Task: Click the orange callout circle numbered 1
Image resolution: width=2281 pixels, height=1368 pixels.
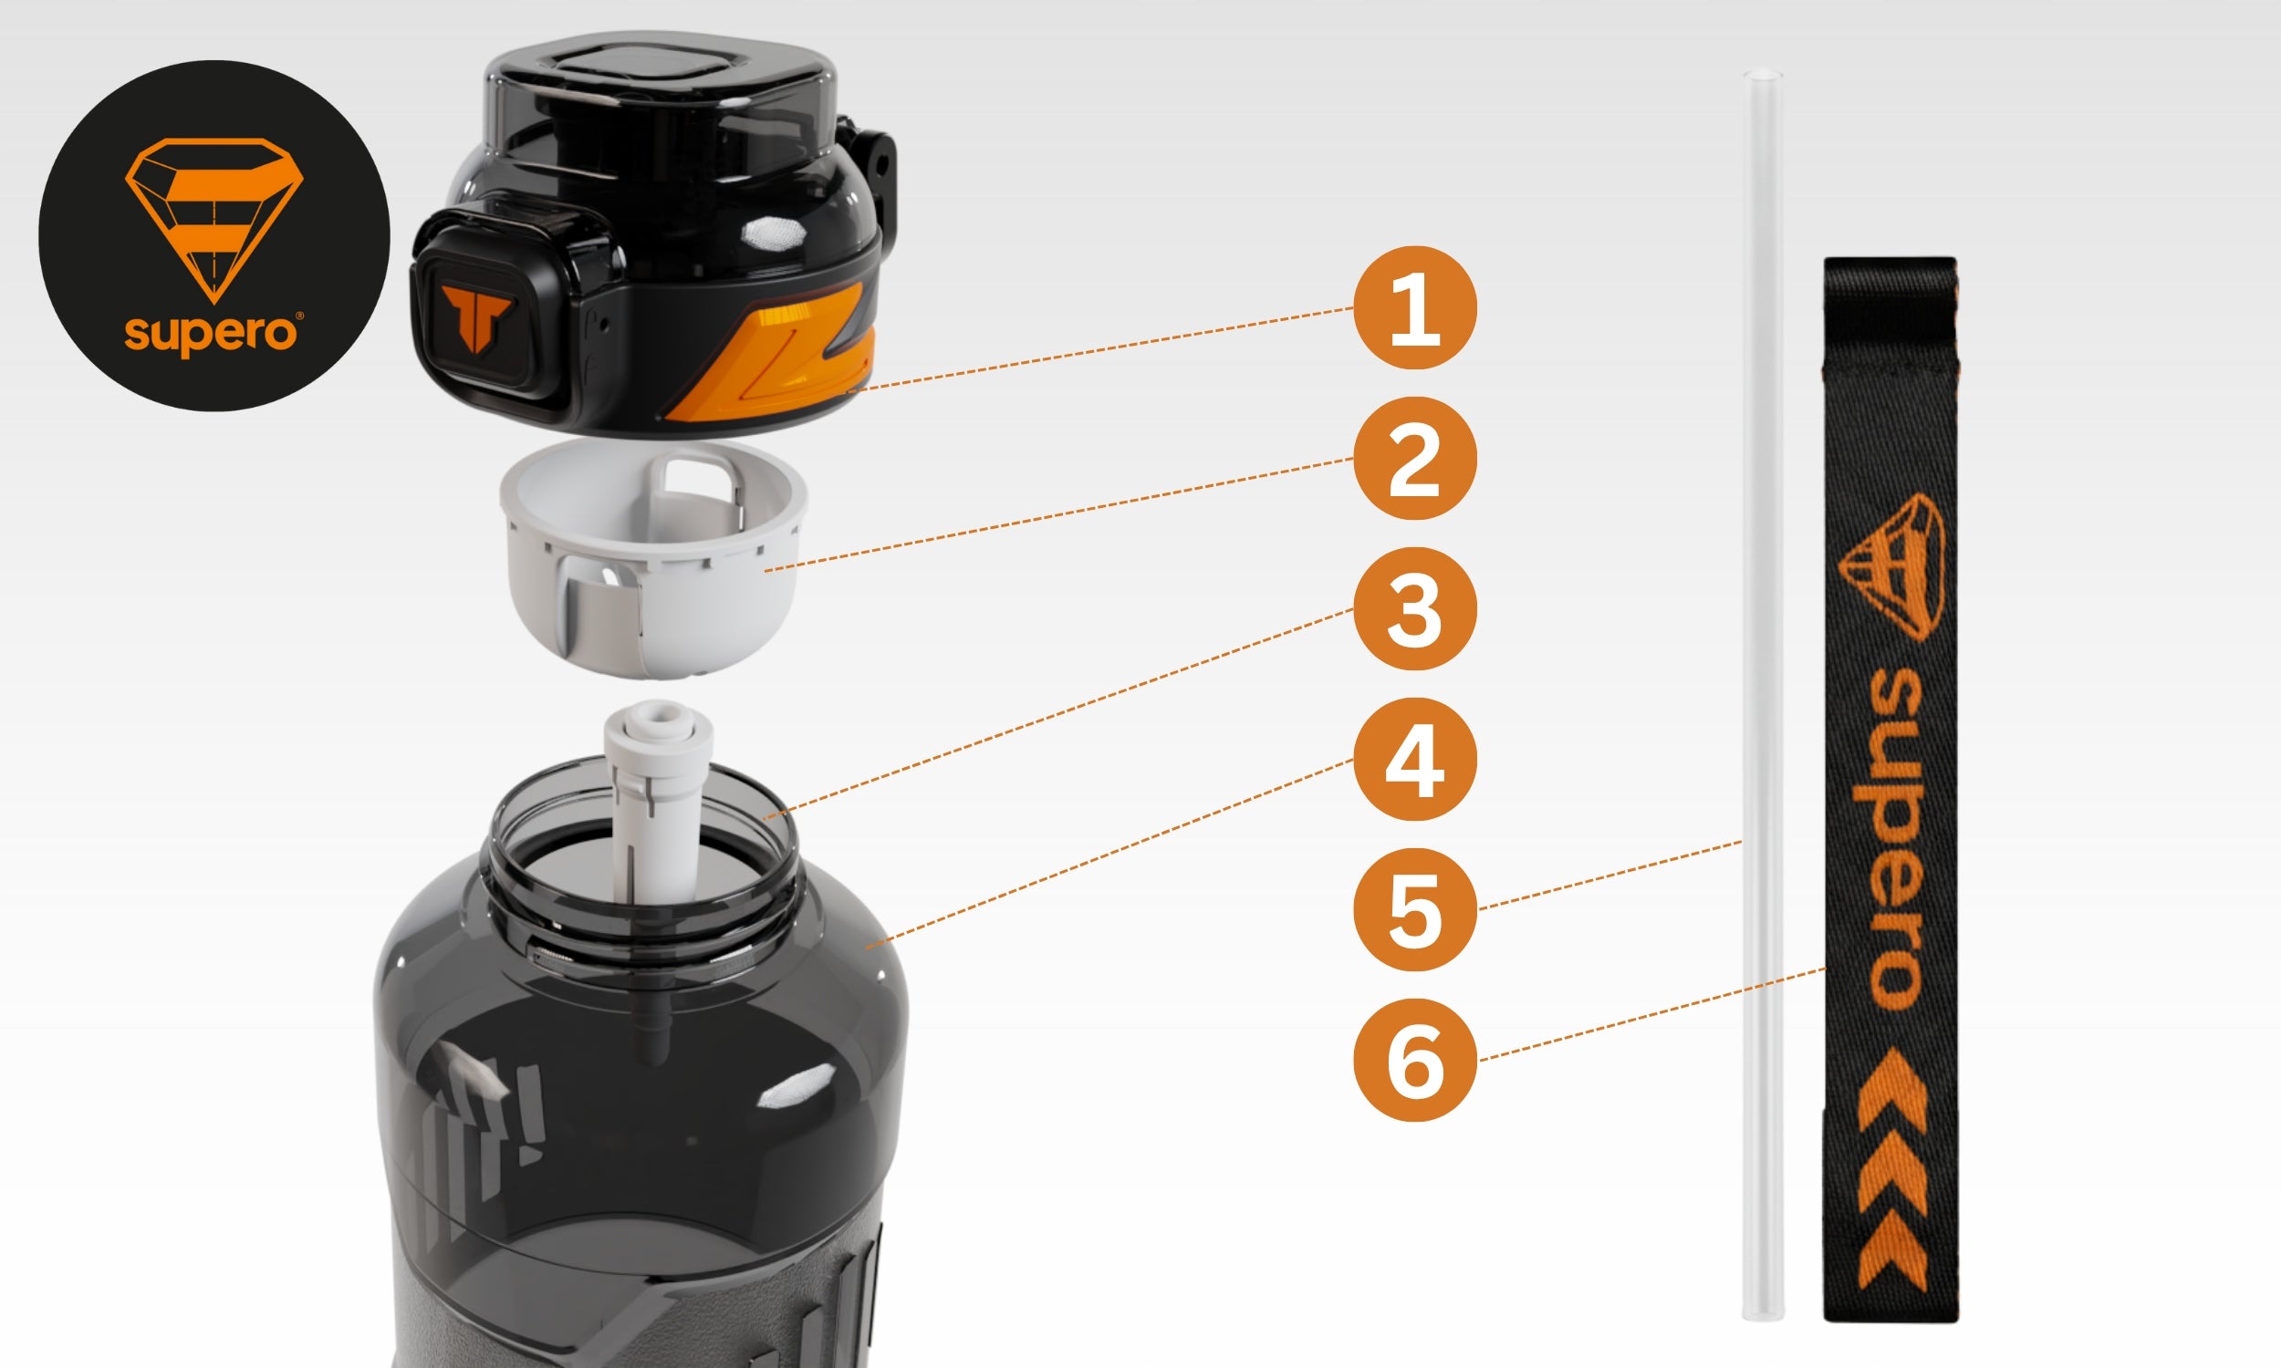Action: [1414, 308]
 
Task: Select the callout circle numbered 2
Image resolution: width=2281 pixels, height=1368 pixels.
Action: [1414, 458]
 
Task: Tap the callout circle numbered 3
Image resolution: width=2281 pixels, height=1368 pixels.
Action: [1414, 608]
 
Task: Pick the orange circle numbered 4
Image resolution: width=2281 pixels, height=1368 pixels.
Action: [1414, 760]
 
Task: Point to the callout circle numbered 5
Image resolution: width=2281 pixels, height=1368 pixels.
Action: [1414, 910]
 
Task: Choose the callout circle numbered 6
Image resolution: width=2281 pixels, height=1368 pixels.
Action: [1414, 1060]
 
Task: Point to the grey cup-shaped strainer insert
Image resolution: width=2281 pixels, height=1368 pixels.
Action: [652, 558]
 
